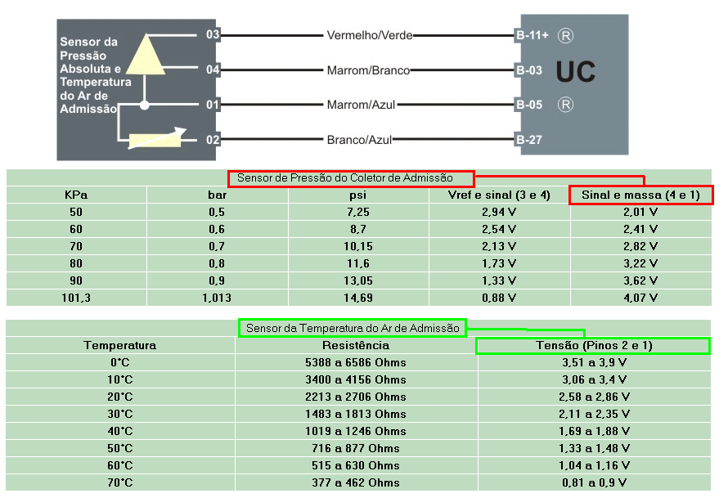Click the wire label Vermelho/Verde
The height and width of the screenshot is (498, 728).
point(370,35)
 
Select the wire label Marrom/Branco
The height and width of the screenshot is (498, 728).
point(368,70)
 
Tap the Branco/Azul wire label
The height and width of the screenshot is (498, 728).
point(359,140)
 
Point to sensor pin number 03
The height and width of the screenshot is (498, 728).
point(213,34)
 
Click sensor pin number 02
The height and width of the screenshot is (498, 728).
point(213,140)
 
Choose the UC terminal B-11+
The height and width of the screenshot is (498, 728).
point(532,35)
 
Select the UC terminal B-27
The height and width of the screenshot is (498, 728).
point(528,140)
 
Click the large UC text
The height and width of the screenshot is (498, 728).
point(576,71)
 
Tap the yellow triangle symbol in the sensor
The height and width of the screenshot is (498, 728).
point(146,55)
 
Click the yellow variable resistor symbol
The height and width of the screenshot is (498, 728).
point(155,140)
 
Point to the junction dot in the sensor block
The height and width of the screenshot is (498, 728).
point(145,105)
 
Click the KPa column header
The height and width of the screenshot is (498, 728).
point(76,195)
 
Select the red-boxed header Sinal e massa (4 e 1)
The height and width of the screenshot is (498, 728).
point(640,195)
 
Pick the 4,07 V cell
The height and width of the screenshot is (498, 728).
point(640,298)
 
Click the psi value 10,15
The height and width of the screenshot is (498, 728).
point(358,246)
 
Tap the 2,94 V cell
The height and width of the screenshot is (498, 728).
point(499,212)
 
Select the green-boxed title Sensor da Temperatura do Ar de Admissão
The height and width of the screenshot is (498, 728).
point(353,328)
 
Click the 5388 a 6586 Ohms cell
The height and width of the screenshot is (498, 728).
point(356,362)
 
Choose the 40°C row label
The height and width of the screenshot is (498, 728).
point(120,431)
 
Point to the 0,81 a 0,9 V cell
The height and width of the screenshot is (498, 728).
point(595,482)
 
